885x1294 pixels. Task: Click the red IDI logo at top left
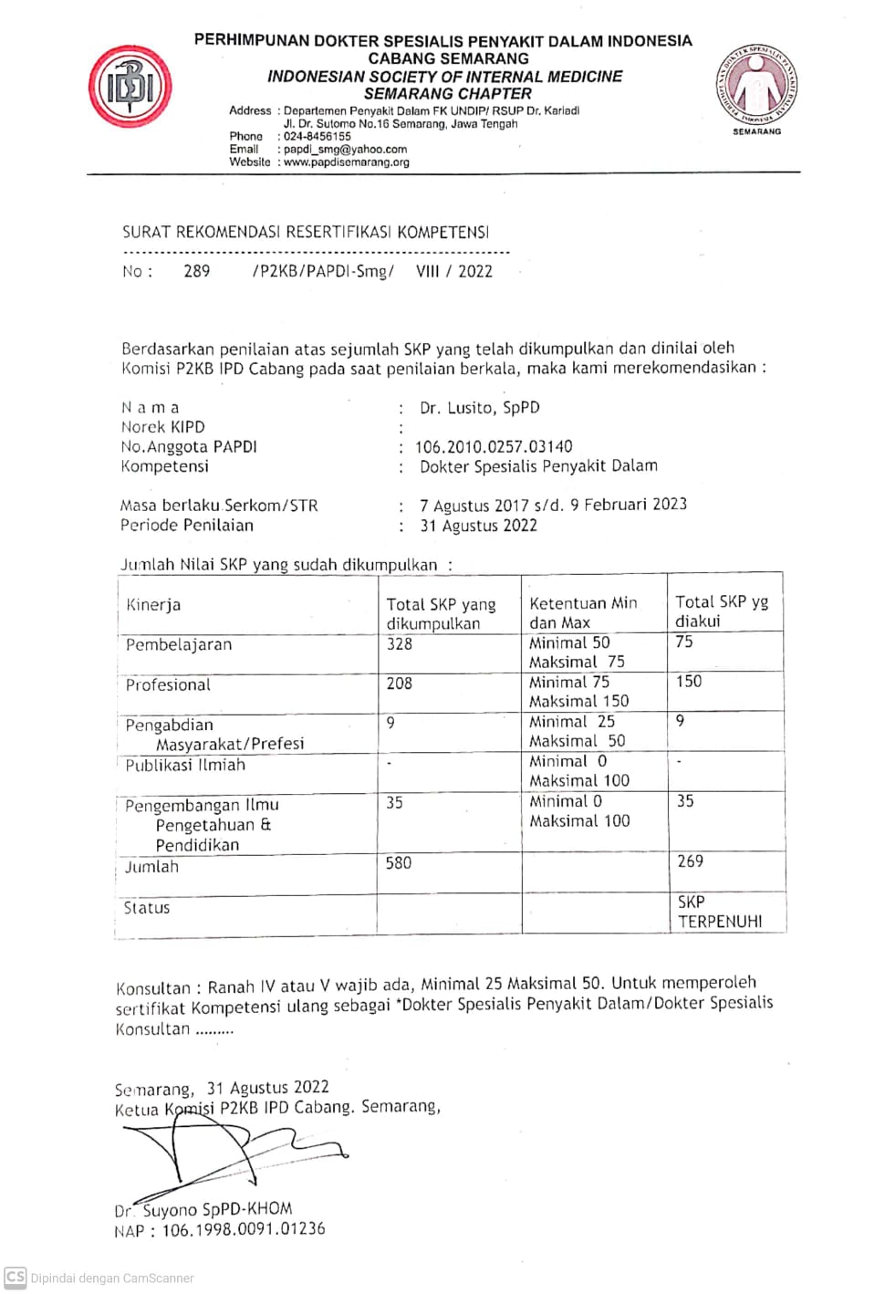pos(130,87)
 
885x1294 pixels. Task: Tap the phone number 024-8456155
pos(317,136)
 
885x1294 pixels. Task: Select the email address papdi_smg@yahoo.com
pos(345,149)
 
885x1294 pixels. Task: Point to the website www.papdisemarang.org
pos(346,162)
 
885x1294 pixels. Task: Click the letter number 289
pos(197,271)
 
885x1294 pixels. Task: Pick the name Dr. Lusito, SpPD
pos(479,408)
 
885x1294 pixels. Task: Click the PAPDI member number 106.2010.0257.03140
pos(494,446)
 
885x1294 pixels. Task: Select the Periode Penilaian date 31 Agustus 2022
pos(478,526)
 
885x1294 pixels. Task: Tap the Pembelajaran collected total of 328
pos(400,643)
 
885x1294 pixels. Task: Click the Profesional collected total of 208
pos(400,683)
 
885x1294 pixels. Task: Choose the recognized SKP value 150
pos(689,681)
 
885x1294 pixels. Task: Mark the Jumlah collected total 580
pos(399,862)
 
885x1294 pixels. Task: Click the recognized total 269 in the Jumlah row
pos(690,861)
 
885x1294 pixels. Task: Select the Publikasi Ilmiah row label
pos(185,765)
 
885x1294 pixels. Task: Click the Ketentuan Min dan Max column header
pos(583,612)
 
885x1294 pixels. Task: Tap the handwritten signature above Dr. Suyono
pos(228,1152)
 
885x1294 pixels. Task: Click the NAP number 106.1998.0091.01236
pos(243,1229)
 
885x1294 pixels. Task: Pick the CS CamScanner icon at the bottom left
pos(16,1277)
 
